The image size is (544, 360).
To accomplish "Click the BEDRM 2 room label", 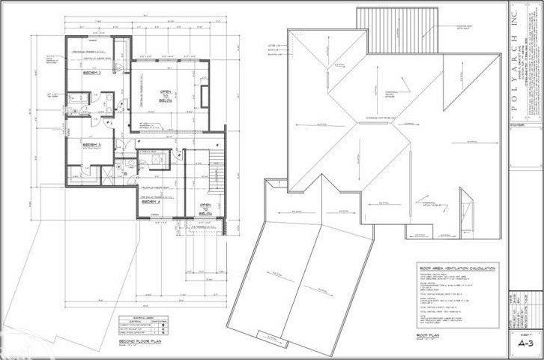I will click(x=92, y=73).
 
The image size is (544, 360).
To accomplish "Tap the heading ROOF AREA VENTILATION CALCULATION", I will click(x=454, y=268).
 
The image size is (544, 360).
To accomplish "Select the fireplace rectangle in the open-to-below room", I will click(x=205, y=96).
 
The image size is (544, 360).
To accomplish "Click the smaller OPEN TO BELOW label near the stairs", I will click(x=205, y=209).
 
